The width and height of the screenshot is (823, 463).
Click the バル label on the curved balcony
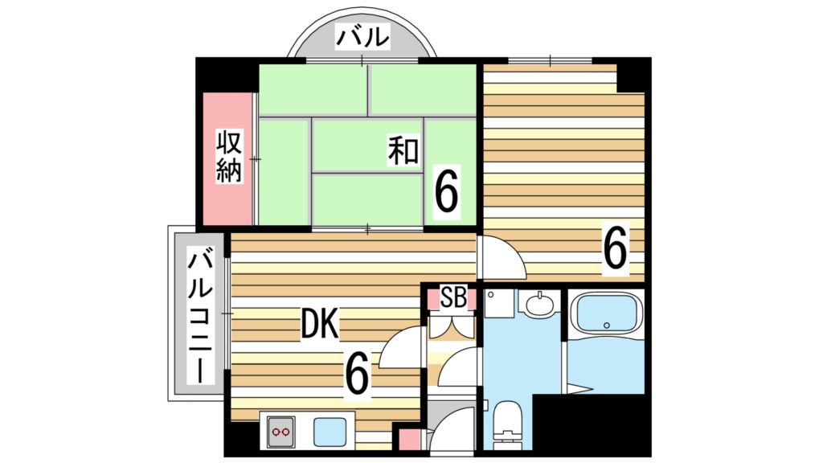(362, 38)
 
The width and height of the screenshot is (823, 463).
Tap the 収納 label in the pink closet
(229, 157)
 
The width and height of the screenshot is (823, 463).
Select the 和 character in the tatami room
(403, 150)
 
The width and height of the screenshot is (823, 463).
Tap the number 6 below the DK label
(357, 373)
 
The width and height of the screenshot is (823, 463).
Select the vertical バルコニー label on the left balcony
(201, 318)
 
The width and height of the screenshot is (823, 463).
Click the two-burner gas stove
(280, 432)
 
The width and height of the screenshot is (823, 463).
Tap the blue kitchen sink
(330, 432)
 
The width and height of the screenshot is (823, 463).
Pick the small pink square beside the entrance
(409, 440)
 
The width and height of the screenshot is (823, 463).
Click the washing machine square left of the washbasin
(498, 303)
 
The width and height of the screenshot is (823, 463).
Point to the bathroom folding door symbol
(579, 389)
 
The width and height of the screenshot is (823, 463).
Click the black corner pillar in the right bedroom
(633, 74)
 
